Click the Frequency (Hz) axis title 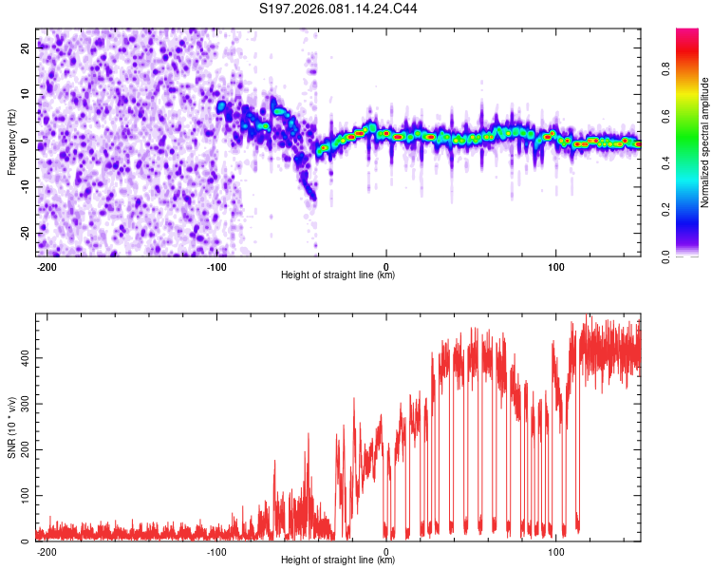tap(11, 142)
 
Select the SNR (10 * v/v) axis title tap(11, 427)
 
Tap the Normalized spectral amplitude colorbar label tap(705, 142)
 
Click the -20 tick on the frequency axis tap(24, 233)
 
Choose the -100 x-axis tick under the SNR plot tap(216, 551)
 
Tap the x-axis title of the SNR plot tap(338, 561)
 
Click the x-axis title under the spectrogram tap(338, 275)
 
